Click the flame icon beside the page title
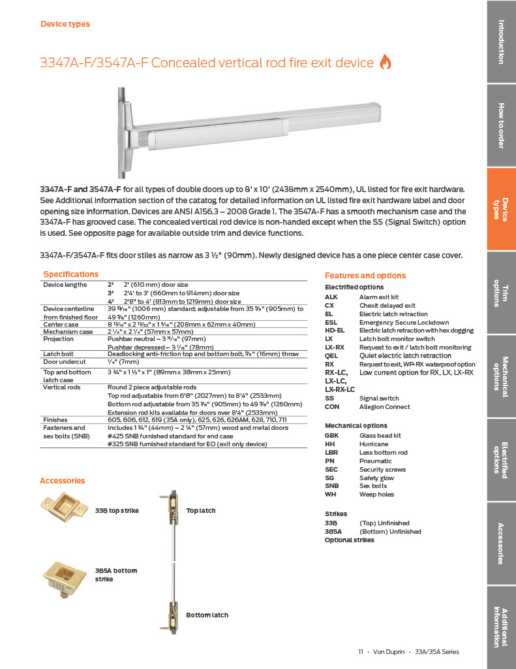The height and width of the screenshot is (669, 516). (x=386, y=63)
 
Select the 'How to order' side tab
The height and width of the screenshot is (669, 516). (x=501, y=125)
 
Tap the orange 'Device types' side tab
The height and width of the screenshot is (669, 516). (x=501, y=209)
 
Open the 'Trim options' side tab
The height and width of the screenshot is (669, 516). (x=501, y=293)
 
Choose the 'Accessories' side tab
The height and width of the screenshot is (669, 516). (x=501, y=544)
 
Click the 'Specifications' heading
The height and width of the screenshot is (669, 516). (x=70, y=274)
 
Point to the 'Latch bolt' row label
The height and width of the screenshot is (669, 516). (x=57, y=354)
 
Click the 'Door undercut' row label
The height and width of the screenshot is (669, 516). (x=63, y=362)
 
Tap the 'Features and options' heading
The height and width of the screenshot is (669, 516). (x=365, y=276)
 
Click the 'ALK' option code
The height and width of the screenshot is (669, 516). (x=331, y=297)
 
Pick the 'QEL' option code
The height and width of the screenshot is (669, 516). (x=331, y=356)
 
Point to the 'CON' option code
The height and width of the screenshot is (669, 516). (x=332, y=407)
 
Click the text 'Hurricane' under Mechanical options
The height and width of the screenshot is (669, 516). (x=373, y=444)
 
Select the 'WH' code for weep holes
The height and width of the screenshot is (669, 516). (x=330, y=495)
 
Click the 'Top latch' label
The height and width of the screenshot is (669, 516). (x=200, y=510)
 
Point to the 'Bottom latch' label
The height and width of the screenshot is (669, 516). (x=207, y=615)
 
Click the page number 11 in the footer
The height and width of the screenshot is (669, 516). (x=360, y=652)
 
